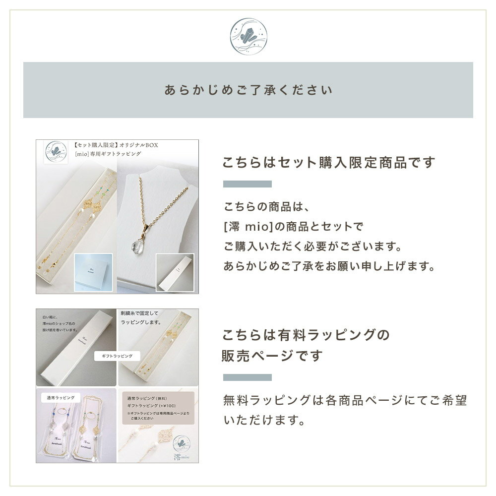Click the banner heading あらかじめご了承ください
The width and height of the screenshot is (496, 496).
point(248,91)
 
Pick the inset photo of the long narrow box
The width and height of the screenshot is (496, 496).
point(177,272)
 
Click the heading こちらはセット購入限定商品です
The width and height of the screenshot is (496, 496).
point(329,163)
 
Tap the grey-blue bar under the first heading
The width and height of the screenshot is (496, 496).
point(247,184)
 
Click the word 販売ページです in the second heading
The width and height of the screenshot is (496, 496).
point(273,355)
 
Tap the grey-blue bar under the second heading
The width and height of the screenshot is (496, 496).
point(247,377)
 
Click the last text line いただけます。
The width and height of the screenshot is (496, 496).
point(263,421)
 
